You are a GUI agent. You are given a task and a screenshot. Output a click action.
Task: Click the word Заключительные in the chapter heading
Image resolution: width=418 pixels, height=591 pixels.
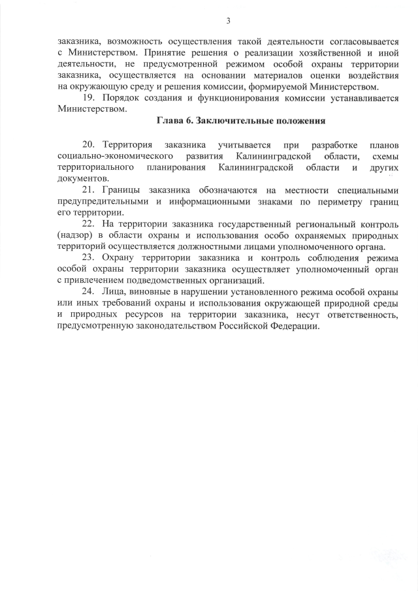click(231, 121)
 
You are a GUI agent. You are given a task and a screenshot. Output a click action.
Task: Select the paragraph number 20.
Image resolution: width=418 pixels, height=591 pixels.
click(89, 143)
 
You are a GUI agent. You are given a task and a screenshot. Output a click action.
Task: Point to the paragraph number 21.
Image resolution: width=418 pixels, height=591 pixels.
click(89, 189)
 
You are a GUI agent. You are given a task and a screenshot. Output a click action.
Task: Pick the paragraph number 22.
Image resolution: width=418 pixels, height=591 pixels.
click(89, 223)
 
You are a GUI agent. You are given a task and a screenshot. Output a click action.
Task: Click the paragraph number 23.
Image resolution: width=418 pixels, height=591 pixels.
click(89, 257)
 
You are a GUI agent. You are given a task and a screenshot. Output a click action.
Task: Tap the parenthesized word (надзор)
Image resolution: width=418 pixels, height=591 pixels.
click(75, 235)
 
